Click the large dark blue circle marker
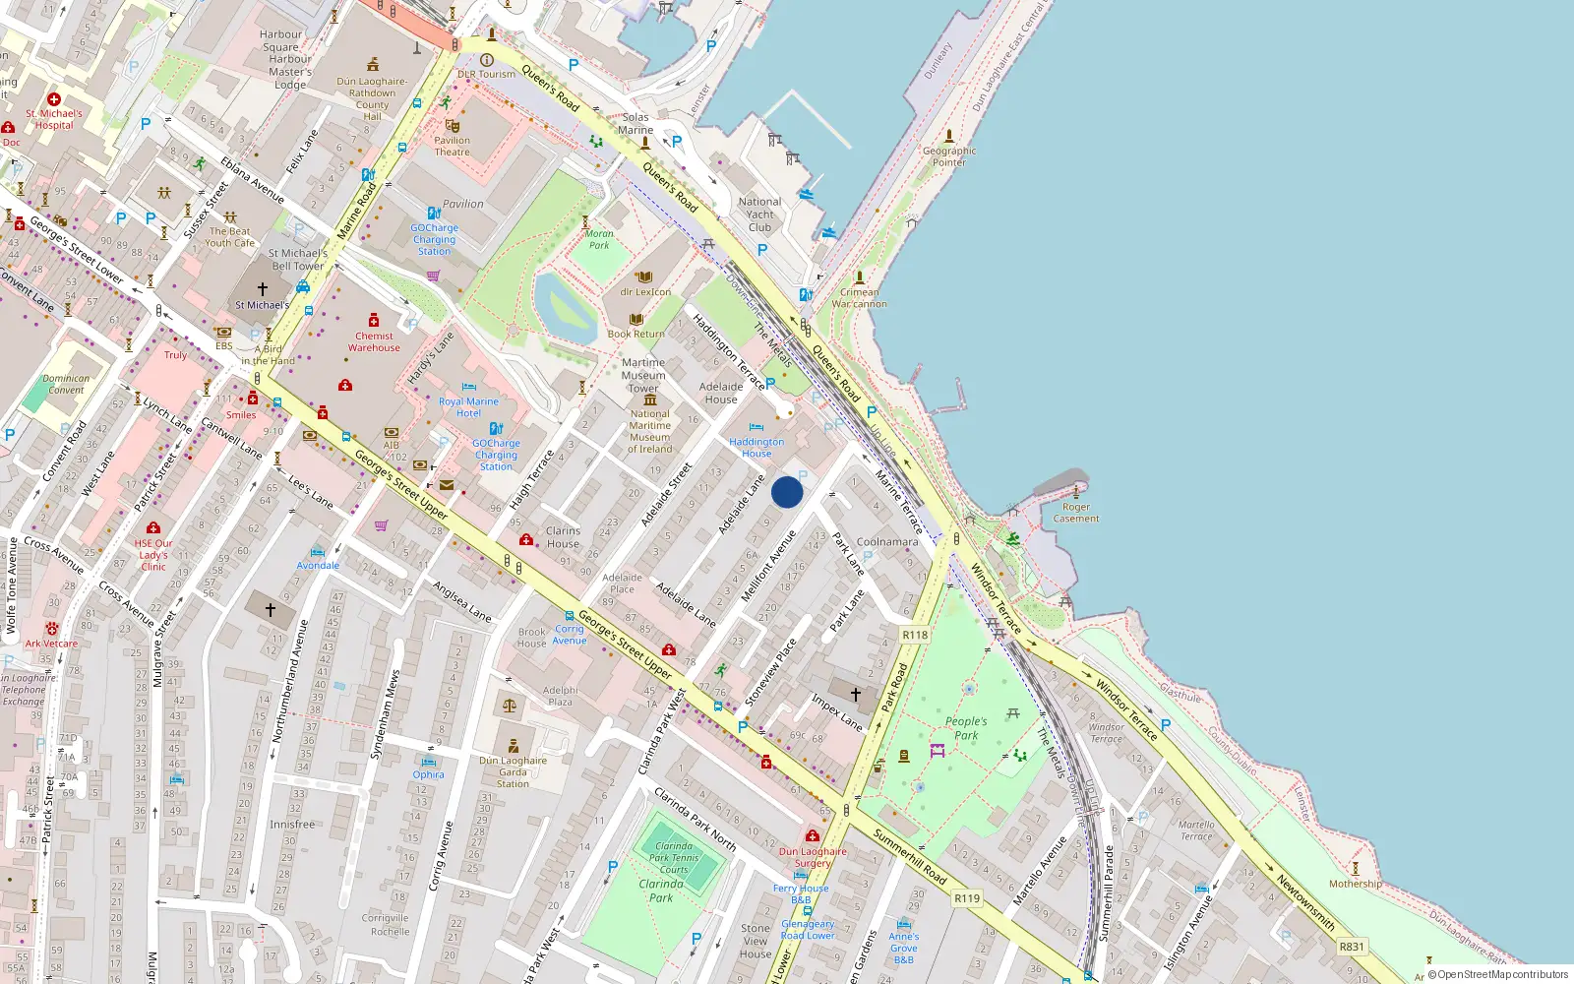pyautogui.click(x=787, y=492)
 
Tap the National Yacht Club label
pyautogui.click(x=759, y=215)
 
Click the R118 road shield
pyautogui.click(x=915, y=635)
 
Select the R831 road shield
pyautogui.click(x=1352, y=947)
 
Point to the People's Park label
pyautogui.click(x=966, y=728)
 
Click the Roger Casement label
pyautogui.click(x=1076, y=513)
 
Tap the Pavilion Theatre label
pyautogui.click(x=452, y=146)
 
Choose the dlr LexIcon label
pyautogui.click(x=645, y=292)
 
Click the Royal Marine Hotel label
pyautogui.click(x=468, y=407)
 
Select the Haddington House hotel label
pyautogui.click(x=757, y=448)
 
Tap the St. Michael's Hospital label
pyautogui.click(x=54, y=119)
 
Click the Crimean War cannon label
pyautogui.click(x=859, y=298)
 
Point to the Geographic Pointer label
pyautogui.click(x=949, y=156)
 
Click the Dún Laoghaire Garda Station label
pyautogui.click(x=513, y=771)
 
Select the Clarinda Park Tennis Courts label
pyautogui.click(x=674, y=857)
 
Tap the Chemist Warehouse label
pyautogui.click(x=374, y=341)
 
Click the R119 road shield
pyautogui.click(x=967, y=897)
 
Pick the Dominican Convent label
pyautogui.click(x=66, y=384)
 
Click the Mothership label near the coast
pyautogui.click(x=1355, y=884)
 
